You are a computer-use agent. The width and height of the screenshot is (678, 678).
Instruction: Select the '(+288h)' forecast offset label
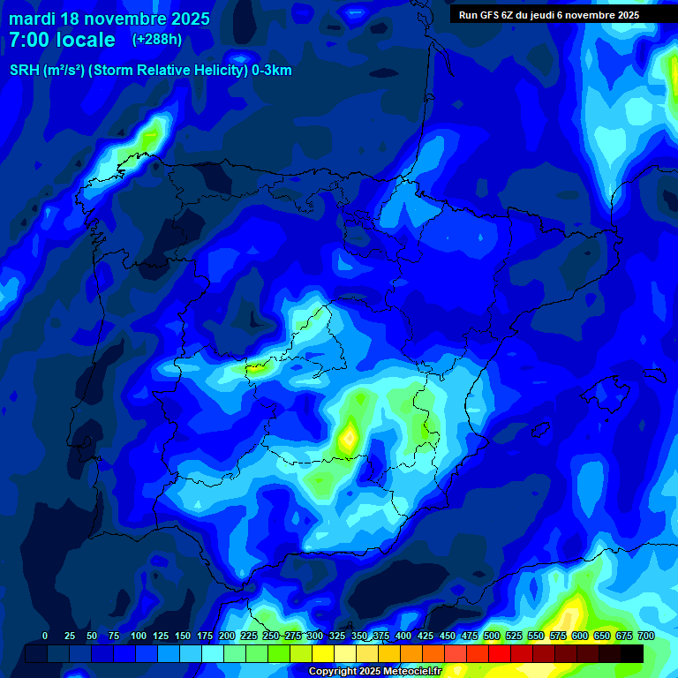click(157, 40)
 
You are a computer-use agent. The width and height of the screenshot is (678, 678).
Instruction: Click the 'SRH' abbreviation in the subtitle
click(24, 71)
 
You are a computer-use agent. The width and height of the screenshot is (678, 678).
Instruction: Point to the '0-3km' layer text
click(272, 71)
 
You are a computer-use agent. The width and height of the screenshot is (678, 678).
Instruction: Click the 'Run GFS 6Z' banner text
click(493, 15)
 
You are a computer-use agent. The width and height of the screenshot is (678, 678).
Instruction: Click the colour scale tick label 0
click(45, 636)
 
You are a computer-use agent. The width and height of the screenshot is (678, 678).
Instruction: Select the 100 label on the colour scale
click(138, 636)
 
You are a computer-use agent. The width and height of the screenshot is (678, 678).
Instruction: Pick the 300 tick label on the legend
click(314, 636)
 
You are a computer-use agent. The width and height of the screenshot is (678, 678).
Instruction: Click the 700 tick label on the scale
click(646, 636)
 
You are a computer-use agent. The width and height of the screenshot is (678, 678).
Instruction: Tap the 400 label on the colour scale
click(403, 636)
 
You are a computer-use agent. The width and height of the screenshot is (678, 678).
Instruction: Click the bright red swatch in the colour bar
click(500, 653)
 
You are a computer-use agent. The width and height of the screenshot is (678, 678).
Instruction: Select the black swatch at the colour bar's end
click(632, 653)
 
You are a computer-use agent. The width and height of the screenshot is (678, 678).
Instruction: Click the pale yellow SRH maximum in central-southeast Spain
click(349, 437)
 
